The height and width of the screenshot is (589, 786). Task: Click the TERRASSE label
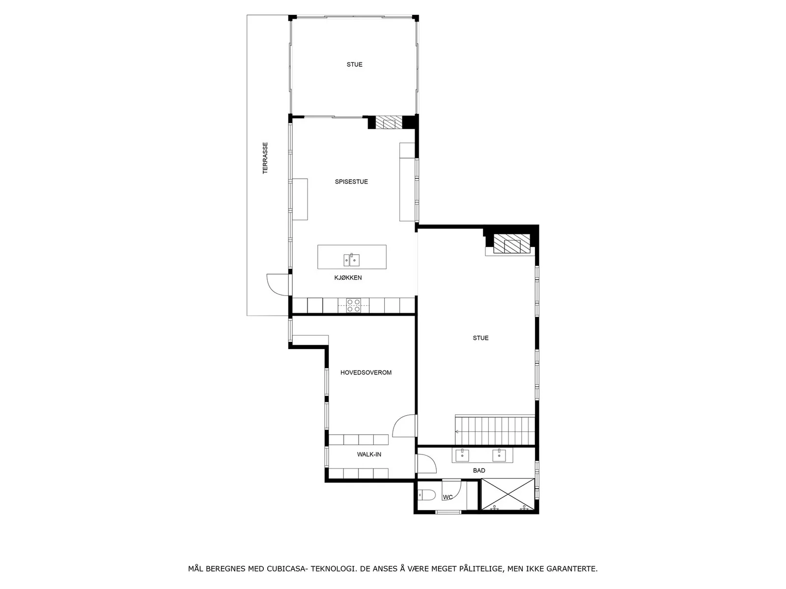coord(265,158)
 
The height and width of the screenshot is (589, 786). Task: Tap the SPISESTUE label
coord(351,182)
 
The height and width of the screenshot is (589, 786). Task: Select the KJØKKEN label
coord(348,277)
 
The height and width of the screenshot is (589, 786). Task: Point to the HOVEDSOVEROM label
coord(366,373)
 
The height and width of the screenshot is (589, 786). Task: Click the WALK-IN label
coord(369,455)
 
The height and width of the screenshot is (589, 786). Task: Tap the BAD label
coord(479,471)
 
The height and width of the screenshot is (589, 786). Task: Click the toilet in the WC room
coord(427,495)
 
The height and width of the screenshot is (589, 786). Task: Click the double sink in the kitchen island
coord(352,260)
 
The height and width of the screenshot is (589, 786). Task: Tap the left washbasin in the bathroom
coord(462,455)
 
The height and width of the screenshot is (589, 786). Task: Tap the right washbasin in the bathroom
coord(499,455)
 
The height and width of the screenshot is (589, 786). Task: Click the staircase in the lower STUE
coord(495,430)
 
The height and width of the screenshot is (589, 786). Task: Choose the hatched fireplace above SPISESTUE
coord(389,122)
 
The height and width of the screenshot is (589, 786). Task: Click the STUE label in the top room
coord(355,65)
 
